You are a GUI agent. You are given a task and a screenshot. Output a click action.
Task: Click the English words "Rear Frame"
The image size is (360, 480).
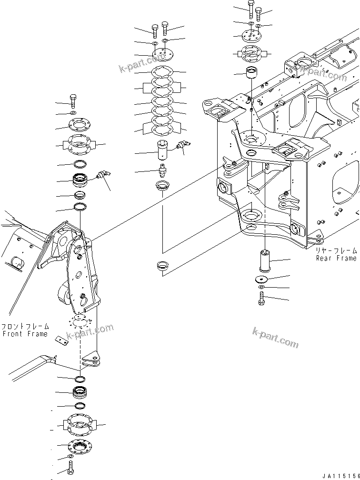tap(336, 258)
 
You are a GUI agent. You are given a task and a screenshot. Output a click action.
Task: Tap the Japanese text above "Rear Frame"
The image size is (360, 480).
tap(336, 250)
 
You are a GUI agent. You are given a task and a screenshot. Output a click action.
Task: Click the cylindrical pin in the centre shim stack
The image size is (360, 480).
tap(164, 151)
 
